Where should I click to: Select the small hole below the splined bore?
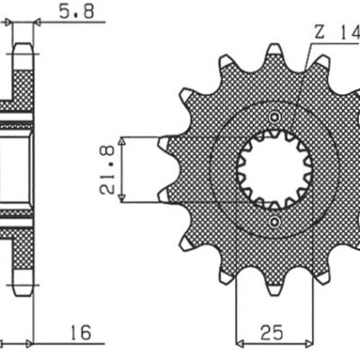[x=274, y=220]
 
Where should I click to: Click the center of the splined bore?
[x=274, y=168]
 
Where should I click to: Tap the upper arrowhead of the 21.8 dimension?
[x=127, y=141]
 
